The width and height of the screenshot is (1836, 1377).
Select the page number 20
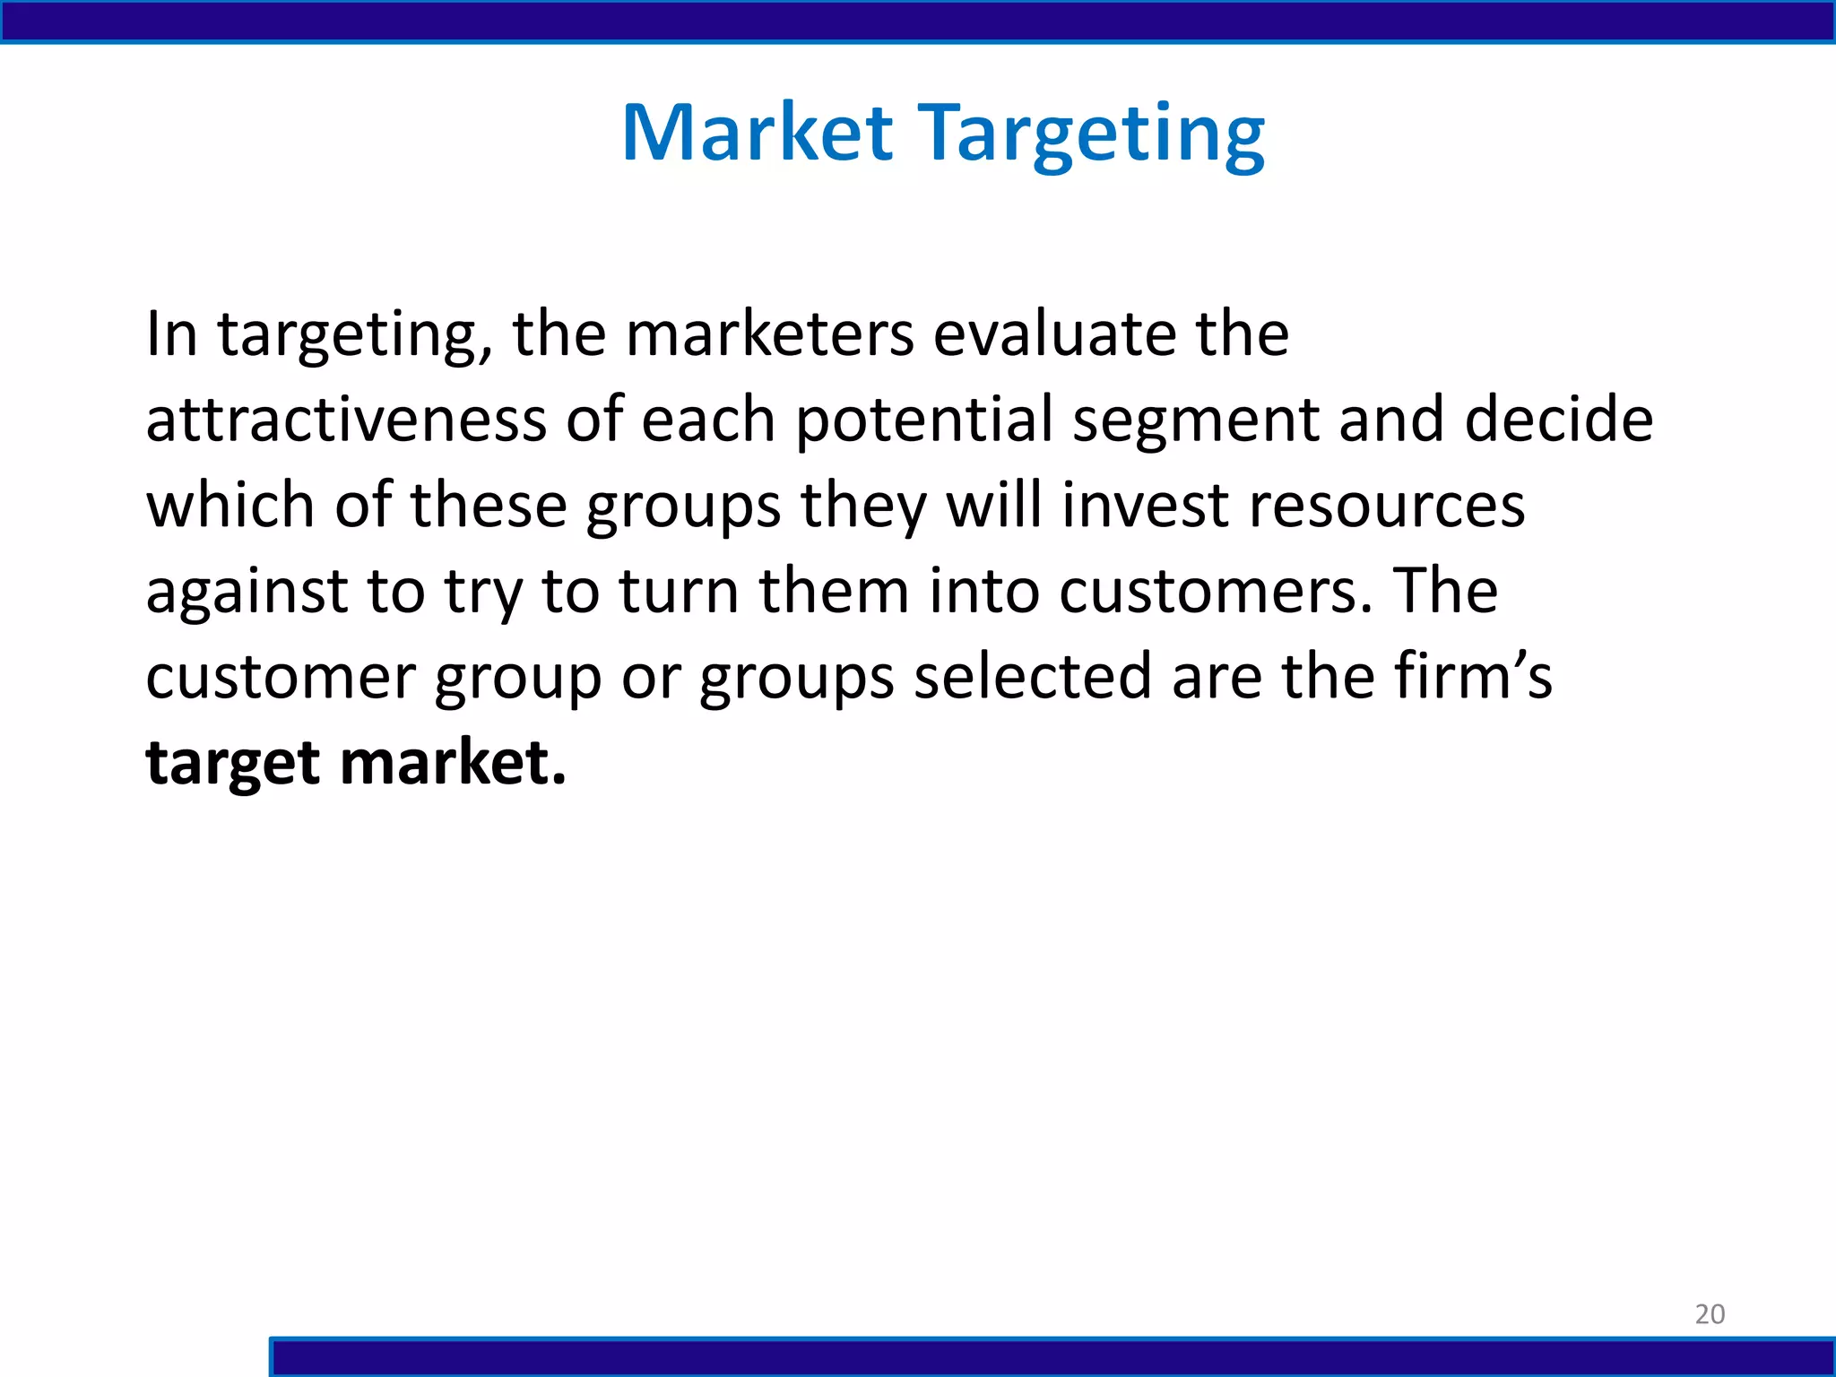click(1710, 1314)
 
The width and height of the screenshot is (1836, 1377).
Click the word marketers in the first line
click(769, 333)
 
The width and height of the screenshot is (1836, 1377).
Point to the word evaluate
click(1054, 333)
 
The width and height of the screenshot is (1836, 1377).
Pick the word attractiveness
click(346, 420)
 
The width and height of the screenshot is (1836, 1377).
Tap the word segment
click(1196, 421)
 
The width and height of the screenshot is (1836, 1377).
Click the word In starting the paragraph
click(171, 333)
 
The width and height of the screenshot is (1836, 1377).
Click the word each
click(708, 420)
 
